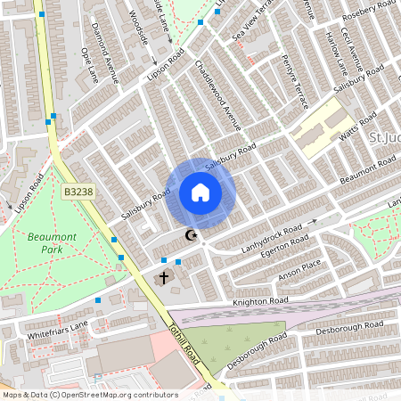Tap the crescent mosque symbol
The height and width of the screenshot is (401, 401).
tap(189, 235)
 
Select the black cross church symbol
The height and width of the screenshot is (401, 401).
tap(164, 279)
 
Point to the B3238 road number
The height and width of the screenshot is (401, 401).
tap(78, 192)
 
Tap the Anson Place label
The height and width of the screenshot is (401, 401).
tap(299, 270)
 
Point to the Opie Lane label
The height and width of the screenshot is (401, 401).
tap(90, 65)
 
